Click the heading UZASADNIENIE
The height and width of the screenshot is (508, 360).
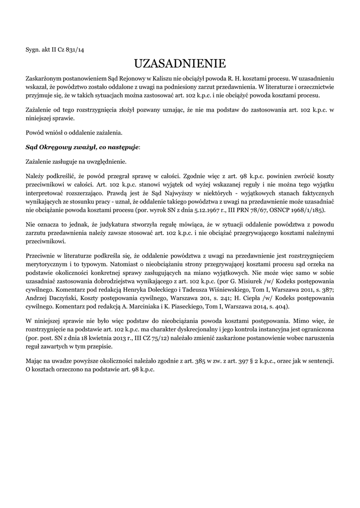click(180, 64)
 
